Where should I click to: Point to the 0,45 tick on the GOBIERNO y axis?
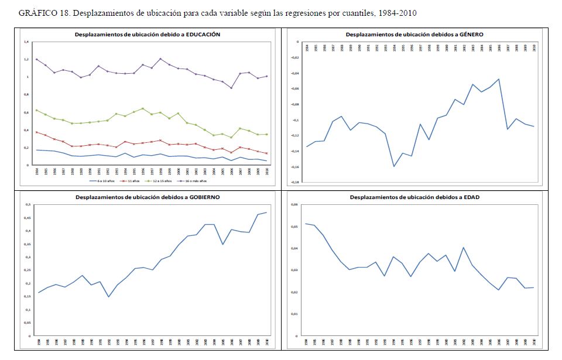click(26, 217)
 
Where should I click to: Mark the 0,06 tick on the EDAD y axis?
click(294, 204)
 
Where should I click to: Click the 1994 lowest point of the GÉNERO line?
click(394, 166)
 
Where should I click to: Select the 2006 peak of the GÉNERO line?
click(499, 79)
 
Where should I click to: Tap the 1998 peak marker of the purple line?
click(160, 59)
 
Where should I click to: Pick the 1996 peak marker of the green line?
click(142, 108)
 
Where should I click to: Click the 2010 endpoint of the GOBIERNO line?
click(267, 212)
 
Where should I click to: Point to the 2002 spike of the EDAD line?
click(463, 248)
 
